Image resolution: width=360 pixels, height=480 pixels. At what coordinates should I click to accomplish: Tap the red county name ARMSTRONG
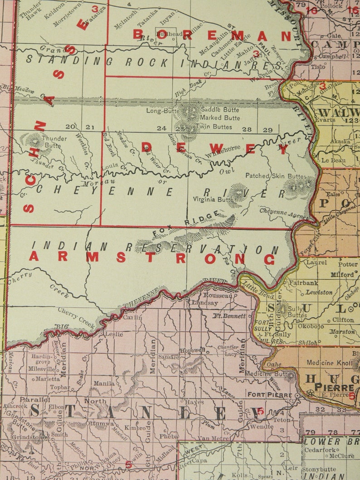click(152, 258)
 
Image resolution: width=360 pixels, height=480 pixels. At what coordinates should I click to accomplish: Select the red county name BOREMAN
click(212, 35)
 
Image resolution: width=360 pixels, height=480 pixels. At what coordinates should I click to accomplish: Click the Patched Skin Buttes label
click(276, 175)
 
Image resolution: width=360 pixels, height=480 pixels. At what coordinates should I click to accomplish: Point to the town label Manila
click(104, 383)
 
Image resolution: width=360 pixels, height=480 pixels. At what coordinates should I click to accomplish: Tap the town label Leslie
click(114, 334)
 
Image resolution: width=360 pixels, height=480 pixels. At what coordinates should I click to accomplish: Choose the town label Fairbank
click(304, 282)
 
